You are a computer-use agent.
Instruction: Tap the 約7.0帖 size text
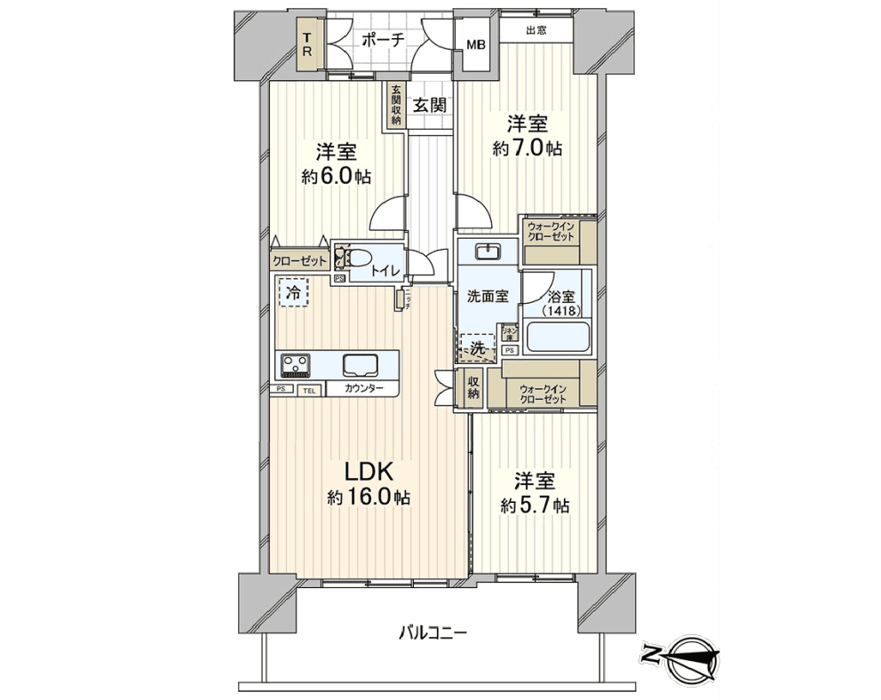tap(528, 148)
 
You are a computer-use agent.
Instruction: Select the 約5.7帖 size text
tap(535, 505)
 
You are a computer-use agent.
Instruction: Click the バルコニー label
tap(432, 632)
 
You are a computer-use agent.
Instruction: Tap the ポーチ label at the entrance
tap(384, 39)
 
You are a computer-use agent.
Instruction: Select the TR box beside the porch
tap(306, 44)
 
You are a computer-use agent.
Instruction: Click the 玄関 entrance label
tap(429, 105)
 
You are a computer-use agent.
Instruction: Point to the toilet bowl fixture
tap(354, 259)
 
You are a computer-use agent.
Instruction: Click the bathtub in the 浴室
tap(558, 338)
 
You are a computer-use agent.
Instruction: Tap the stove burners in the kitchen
tap(296, 364)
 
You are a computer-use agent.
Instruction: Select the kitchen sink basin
tap(361, 364)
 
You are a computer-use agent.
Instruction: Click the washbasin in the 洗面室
tap(487, 251)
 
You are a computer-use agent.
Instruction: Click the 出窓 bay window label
tap(535, 30)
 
